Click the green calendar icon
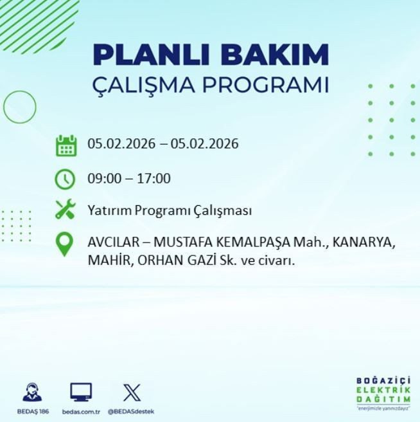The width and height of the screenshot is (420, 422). pyautogui.click(x=66, y=145)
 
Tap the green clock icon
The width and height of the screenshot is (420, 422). pyautogui.click(x=66, y=178)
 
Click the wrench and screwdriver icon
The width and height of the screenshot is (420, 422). pyautogui.click(x=66, y=210)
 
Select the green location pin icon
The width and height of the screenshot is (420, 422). pyautogui.click(x=65, y=244)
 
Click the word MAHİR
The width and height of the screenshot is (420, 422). pyautogui.click(x=108, y=261)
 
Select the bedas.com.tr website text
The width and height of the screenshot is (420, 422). pyautogui.click(x=81, y=411)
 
